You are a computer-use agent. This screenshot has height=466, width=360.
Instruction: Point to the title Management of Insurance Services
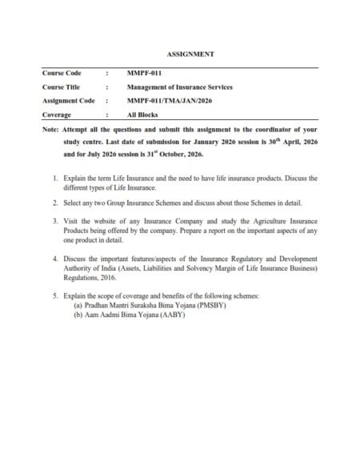(x=174, y=87)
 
